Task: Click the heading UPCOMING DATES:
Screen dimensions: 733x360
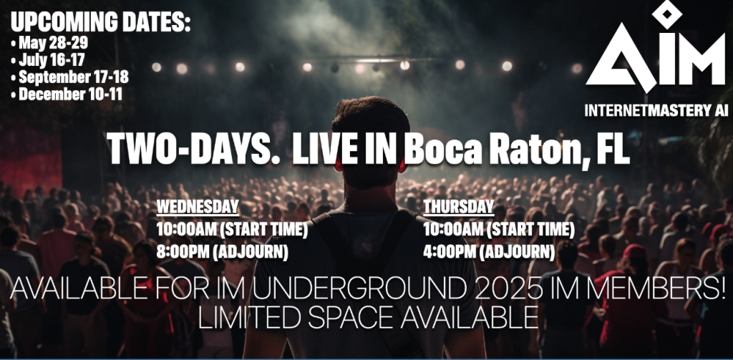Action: coord(100,22)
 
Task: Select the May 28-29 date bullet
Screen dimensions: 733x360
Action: coord(49,44)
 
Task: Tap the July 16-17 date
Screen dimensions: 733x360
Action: coord(48,60)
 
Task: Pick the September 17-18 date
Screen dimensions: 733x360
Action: coord(69,77)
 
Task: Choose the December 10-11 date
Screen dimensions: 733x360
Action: coord(67,94)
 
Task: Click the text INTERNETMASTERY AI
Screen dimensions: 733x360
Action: coord(656,110)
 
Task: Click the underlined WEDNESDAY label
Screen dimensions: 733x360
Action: coord(198,207)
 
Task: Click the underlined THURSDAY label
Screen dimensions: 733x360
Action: coord(459,207)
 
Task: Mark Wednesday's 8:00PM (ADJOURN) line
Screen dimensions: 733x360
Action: coord(222,253)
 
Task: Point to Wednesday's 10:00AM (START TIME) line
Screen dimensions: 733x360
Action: coord(233,230)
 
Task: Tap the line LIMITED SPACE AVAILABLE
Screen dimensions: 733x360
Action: coord(368,318)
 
